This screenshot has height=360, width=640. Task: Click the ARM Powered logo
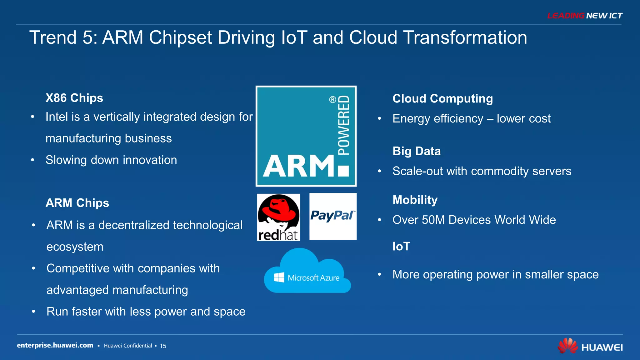pos(306,136)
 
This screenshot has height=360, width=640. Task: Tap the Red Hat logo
pos(278,217)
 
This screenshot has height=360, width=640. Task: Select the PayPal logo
pos(333,216)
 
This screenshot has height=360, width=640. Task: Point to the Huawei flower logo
pos(567,346)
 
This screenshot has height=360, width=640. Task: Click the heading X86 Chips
pos(74,98)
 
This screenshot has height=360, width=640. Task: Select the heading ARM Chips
pos(77,203)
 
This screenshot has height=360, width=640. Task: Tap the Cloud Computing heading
pos(442,99)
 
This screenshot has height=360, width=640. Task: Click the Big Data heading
pos(417,151)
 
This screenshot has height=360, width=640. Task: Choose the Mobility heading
pos(415,200)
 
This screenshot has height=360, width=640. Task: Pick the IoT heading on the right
pos(401,247)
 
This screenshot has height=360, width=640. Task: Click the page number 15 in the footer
pos(163,346)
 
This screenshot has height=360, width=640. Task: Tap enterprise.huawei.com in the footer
pos(55,345)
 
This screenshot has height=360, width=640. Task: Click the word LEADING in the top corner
pos(566,16)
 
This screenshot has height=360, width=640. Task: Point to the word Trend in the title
pos(53,38)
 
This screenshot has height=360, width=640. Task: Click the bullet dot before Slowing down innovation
pos(32,160)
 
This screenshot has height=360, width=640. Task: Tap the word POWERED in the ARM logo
pos(344,125)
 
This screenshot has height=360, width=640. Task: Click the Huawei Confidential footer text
pos(128,346)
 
